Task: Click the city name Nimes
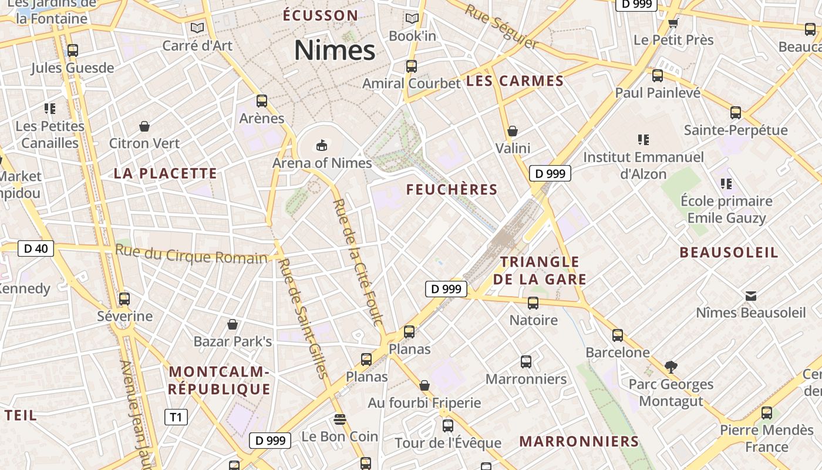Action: click(335, 50)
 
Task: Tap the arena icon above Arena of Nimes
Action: click(322, 145)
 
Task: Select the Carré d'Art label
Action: click(197, 45)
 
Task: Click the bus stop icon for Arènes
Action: click(262, 101)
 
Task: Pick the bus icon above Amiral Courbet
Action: click(412, 66)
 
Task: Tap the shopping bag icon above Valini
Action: click(513, 131)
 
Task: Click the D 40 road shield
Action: click(36, 249)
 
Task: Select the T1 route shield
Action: click(176, 417)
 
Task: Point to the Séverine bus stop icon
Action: click(124, 299)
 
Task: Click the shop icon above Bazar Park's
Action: click(233, 324)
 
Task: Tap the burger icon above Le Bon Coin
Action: click(339, 419)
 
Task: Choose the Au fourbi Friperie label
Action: click(424, 403)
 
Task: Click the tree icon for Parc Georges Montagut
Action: click(671, 367)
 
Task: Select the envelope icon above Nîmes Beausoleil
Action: click(750, 296)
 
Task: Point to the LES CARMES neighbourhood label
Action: click(515, 81)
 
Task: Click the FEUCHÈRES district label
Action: click(452, 189)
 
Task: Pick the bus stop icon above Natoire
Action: click(533, 303)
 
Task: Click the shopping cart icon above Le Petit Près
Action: click(673, 23)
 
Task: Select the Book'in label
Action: click(412, 36)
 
